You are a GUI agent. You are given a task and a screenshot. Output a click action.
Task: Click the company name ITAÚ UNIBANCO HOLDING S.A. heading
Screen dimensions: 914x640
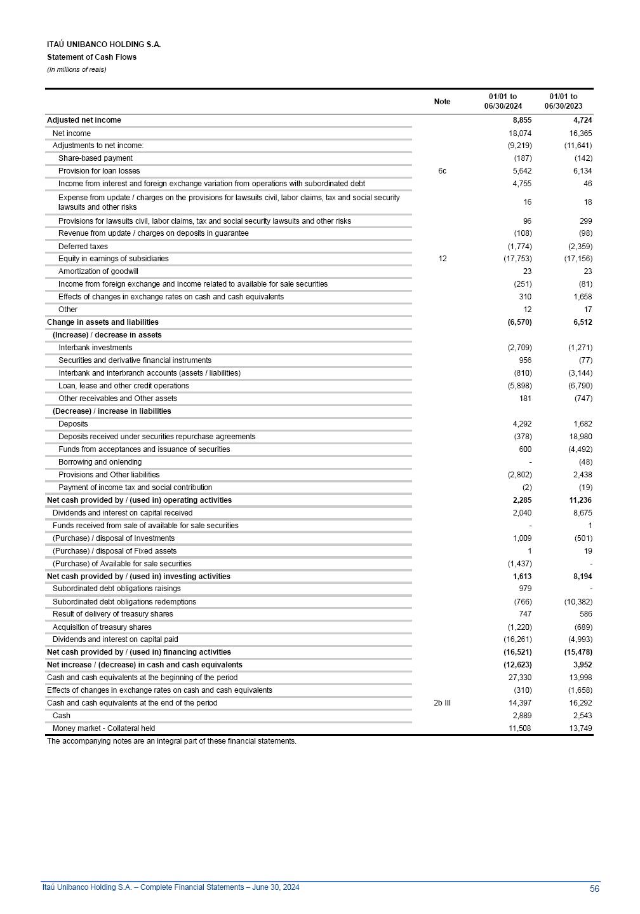coord(103,44)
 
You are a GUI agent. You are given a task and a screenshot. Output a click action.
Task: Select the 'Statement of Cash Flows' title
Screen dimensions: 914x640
coord(91,57)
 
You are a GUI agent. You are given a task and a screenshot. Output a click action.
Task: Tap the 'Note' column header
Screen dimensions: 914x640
coord(442,102)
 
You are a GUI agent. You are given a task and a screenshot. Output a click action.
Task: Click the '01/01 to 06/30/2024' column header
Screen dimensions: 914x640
coord(503,102)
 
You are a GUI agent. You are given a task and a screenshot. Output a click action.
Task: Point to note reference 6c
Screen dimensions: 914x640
coord(442,171)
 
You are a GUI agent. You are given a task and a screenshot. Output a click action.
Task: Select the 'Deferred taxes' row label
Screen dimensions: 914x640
coord(83,247)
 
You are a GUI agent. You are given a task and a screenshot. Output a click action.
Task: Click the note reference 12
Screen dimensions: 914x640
coord(443,259)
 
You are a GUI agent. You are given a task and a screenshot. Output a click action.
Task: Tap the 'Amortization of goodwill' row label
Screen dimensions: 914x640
coord(98,271)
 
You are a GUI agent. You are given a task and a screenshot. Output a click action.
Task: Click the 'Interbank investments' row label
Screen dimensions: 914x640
coord(95,348)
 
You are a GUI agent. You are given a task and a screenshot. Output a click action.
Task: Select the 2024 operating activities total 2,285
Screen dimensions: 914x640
coord(522,500)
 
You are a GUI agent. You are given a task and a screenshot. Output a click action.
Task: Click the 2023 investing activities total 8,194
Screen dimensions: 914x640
coord(582,576)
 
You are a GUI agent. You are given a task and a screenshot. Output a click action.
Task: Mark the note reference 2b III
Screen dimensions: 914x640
coord(442,703)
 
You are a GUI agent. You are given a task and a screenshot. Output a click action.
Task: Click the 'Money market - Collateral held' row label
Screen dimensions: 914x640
coord(103,728)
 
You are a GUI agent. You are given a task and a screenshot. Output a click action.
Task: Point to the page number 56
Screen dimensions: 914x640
coord(594,889)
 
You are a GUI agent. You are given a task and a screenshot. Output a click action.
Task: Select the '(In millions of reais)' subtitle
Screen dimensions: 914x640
coord(76,69)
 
